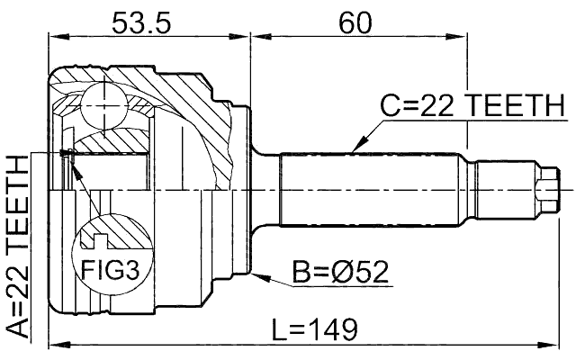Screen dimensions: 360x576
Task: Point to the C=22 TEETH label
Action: (x=469, y=107)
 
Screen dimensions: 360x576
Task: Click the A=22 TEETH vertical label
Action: (x=17, y=244)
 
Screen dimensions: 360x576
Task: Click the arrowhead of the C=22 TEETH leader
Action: (x=355, y=148)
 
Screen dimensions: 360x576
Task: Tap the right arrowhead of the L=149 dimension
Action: (x=553, y=344)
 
